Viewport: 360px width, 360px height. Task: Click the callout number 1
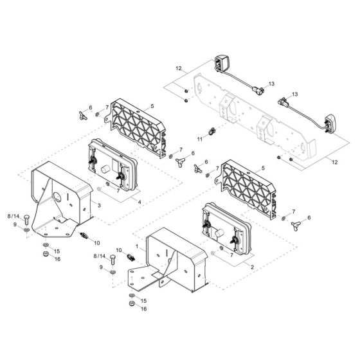coord(137,247)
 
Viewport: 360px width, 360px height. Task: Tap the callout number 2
coord(252,267)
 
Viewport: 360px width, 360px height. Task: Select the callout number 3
coord(99,205)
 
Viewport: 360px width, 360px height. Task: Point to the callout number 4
coord(139,203)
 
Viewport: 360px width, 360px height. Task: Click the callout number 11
coord(200,139)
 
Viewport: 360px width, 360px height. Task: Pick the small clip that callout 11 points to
coord(212,132)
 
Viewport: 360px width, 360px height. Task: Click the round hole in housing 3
coord(58,197)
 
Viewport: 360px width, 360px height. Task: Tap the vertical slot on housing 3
coord(67,196)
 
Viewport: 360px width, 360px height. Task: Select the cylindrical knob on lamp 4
coord(105,170)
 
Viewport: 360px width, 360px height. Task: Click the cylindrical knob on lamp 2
coord(219,233)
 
